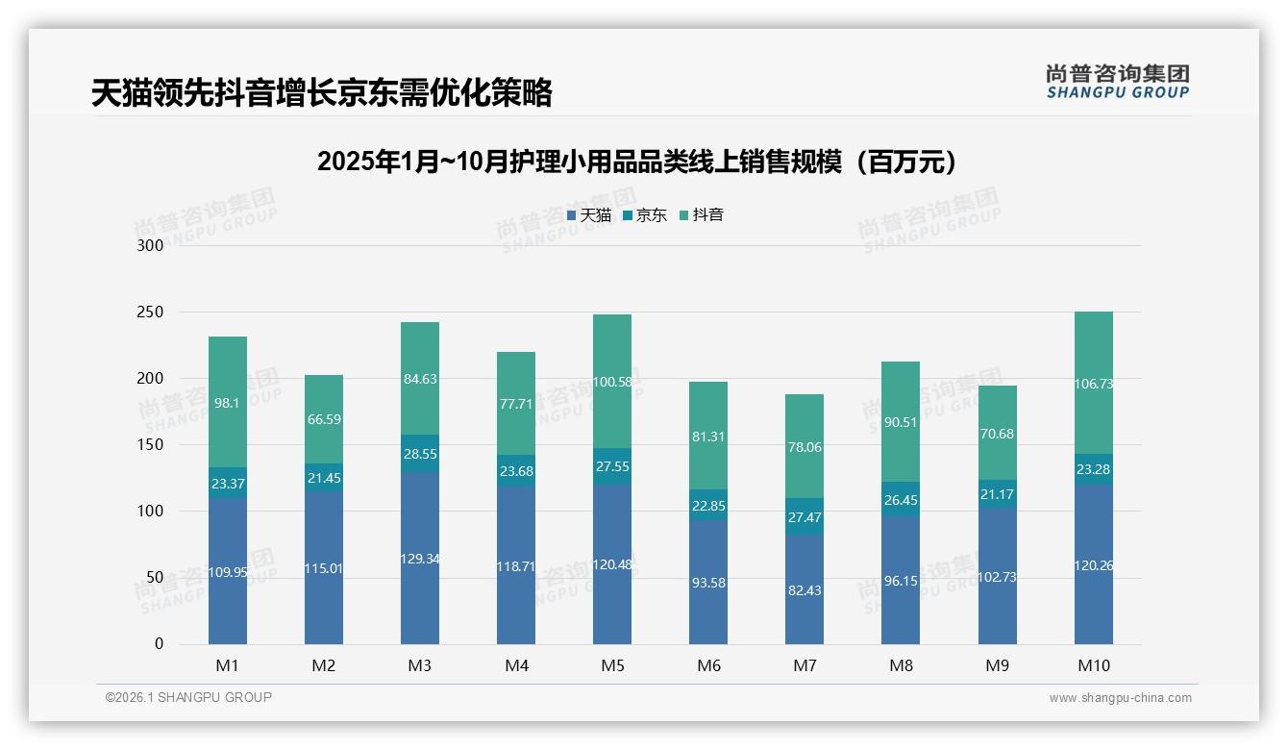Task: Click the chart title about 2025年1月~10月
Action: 642,162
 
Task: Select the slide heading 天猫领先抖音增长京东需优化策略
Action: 322,93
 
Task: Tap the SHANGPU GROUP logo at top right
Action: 1117,82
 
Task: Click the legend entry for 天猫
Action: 589,215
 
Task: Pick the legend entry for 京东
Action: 645,215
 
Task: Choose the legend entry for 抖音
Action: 702,215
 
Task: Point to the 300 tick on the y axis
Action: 151,245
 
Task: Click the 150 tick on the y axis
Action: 151,444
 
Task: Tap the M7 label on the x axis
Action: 805,665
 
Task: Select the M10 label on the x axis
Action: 1094,665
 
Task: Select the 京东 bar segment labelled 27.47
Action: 805,516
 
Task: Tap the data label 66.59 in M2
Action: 324,419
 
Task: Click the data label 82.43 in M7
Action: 805,590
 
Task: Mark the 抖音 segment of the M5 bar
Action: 612,382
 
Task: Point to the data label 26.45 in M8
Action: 901,499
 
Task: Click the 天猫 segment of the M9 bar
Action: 998,577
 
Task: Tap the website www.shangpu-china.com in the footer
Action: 1120,698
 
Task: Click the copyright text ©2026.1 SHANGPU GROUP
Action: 188,697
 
